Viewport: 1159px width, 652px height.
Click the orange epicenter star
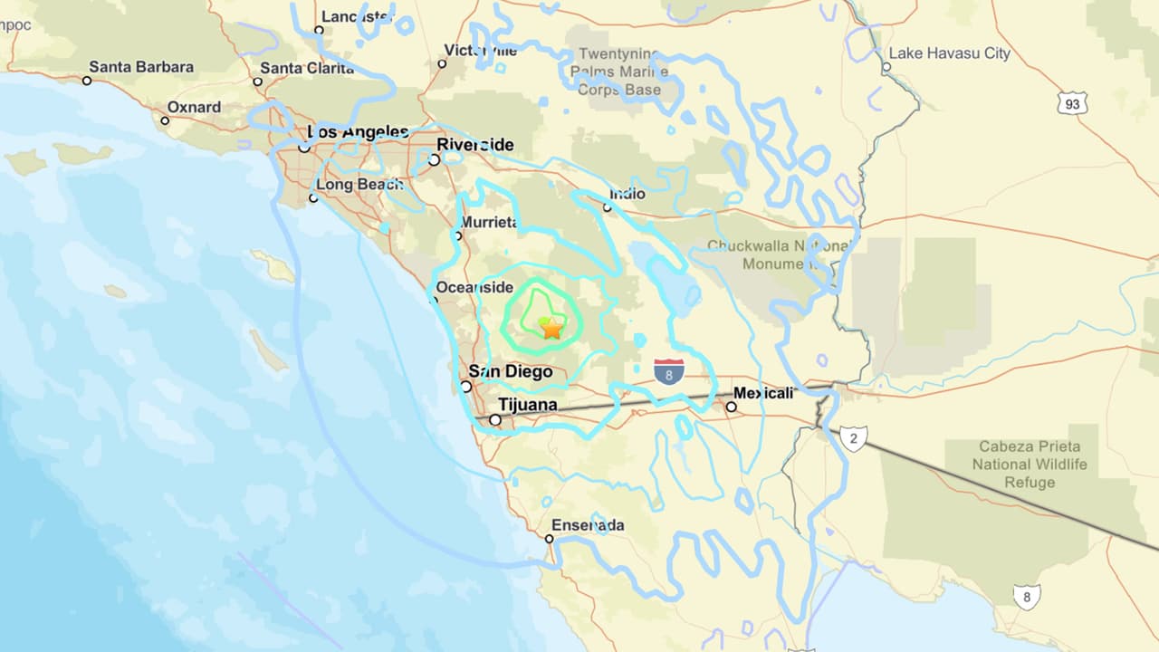click(551, 328)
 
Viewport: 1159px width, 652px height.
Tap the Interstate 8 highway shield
click(669, 371)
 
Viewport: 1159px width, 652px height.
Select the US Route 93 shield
click(1072, 103)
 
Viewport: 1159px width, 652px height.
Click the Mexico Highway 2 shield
click(853, 438)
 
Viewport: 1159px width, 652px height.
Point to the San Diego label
click(510, 371)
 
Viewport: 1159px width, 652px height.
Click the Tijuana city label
click(528, 405)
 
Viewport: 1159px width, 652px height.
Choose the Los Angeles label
click(359, 132)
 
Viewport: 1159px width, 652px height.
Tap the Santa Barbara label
click(141, 67)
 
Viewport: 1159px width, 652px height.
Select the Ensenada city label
click(589, 525)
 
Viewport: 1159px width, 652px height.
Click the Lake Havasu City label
click(949, 53)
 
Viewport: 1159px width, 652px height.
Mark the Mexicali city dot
click(731, 407)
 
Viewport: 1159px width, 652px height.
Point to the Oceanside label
click(474, 287)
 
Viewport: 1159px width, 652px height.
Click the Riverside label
click(475, 145)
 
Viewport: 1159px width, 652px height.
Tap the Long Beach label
click(359, 184)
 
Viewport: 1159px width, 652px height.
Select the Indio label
click(627, 194)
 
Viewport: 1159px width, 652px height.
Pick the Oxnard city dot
click(165, 120)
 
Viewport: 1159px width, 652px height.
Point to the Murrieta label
click(489, 222)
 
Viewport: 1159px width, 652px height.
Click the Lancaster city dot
click(319, 30)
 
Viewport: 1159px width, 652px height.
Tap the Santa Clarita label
click(307, 68)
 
